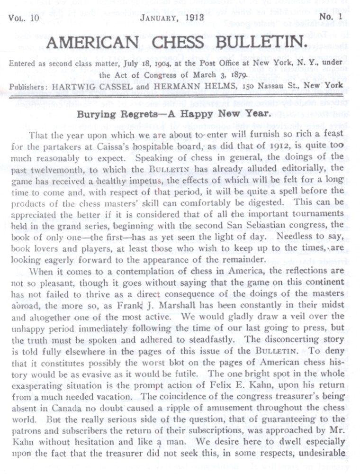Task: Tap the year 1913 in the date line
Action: click(x=193, y=18)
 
